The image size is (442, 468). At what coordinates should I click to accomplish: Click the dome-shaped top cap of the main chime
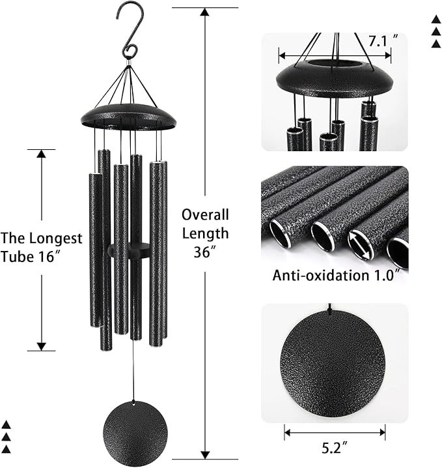coord(128,115)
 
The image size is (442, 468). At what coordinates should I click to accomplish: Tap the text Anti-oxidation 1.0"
coord(335,275)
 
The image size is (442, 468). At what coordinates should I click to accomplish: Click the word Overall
coord(205,214)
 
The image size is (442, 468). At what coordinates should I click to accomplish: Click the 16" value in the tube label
coord(57,256)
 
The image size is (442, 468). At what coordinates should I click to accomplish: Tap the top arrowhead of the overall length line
coord(205,12)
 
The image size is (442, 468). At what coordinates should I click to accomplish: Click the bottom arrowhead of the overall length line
coord(205,454)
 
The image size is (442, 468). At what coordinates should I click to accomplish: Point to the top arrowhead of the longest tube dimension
coord(42,154)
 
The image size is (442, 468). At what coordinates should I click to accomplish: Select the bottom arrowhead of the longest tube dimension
coord(42,346)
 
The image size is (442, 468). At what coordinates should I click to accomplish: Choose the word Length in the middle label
coord(205,233)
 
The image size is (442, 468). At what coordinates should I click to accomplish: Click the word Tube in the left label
coord(18,256)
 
